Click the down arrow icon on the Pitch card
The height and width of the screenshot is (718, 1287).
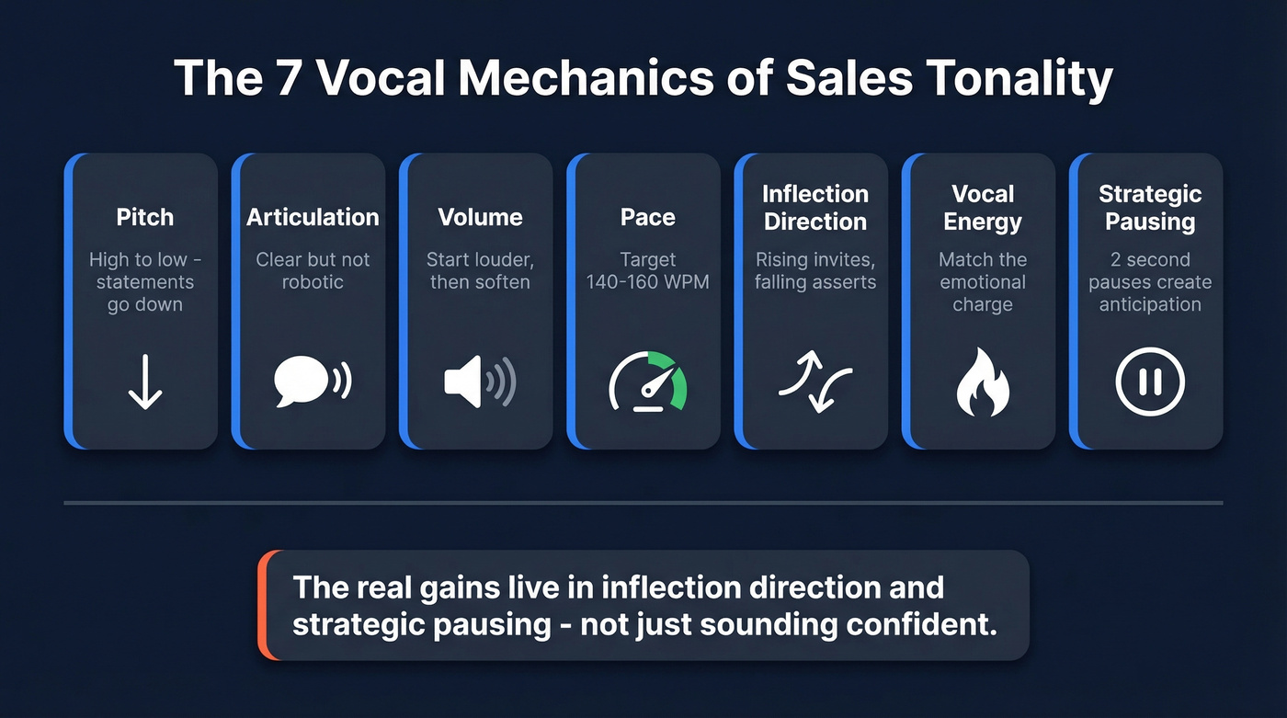point(144,382)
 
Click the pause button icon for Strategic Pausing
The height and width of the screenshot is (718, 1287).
point(1150,382)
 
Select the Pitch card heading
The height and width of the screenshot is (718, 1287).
point(144,217)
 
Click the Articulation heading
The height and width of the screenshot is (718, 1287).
point(313,217)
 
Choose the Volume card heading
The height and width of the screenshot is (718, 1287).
point(480,217)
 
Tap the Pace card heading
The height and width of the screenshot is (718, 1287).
point(648,217)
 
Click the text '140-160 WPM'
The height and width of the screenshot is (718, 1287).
point(648,282)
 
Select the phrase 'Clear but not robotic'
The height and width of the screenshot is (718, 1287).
point(313,270)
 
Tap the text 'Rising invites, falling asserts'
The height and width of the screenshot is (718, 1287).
point(815,270)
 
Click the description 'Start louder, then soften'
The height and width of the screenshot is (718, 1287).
point(480,270)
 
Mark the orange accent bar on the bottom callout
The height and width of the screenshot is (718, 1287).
point(263,605)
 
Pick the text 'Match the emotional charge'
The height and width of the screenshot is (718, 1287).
point(983,281)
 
